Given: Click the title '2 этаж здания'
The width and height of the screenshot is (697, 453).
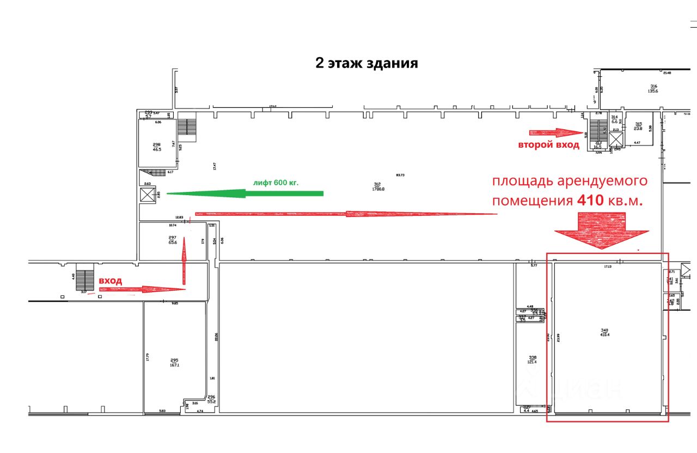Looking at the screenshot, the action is point(366,63).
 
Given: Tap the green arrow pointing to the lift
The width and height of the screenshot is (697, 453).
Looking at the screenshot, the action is point(244,193).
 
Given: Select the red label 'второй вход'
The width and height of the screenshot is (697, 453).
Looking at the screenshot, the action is point(548,145).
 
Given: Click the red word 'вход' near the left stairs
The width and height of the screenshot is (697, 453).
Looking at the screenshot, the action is point(110,280).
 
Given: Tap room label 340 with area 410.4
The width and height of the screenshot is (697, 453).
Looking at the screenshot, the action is point(604,333).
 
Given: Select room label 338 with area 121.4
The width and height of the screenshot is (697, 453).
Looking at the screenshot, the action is point(524,359).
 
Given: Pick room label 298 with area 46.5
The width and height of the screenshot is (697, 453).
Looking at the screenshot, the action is point(156,146).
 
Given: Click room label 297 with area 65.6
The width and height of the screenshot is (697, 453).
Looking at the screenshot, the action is point(173,240).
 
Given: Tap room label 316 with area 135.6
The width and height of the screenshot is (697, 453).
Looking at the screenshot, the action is point(653,88).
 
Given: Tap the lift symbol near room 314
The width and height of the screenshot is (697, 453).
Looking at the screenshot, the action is point(615,140).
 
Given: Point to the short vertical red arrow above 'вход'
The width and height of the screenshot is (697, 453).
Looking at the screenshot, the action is point(184,261).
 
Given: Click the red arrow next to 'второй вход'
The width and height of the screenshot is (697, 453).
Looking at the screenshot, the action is point(555,132).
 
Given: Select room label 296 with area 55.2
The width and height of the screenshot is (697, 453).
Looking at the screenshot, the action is point(212,400).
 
